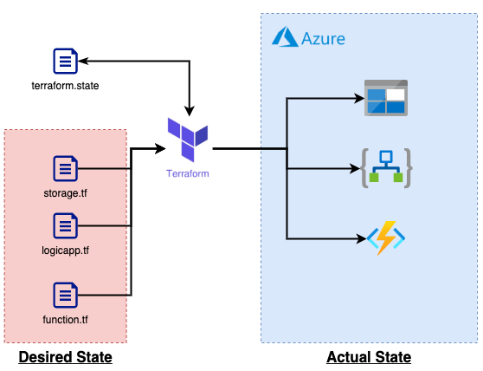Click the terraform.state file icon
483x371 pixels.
tap(65, 61)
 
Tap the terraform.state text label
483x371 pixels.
tap(65, 86)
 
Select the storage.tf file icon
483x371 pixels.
tap(65, 168)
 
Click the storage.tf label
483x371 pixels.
tap(65, 193)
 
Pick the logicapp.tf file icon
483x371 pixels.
tap(65, 225)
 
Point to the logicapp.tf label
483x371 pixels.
tap(65, 251)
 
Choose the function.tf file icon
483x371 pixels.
tap(65, 295)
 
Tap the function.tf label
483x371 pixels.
tap(65, 320)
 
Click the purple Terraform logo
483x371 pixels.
tap(188, 140)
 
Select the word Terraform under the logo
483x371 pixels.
tap(188, 173)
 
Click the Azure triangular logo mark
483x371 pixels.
tap(285, 36)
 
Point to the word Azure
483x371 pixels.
tap(323, 39)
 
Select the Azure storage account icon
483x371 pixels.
tap(386, 98)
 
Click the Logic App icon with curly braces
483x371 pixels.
tap(386, 168)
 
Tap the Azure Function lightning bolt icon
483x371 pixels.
tap(386, 238)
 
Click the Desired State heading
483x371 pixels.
tap(65, 358)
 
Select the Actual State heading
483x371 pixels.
tap(369, 358)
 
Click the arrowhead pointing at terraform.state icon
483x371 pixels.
tap(83, 61)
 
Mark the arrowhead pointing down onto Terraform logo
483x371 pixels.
tap(190, 111)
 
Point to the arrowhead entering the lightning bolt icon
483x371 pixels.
tap(361, 238)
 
